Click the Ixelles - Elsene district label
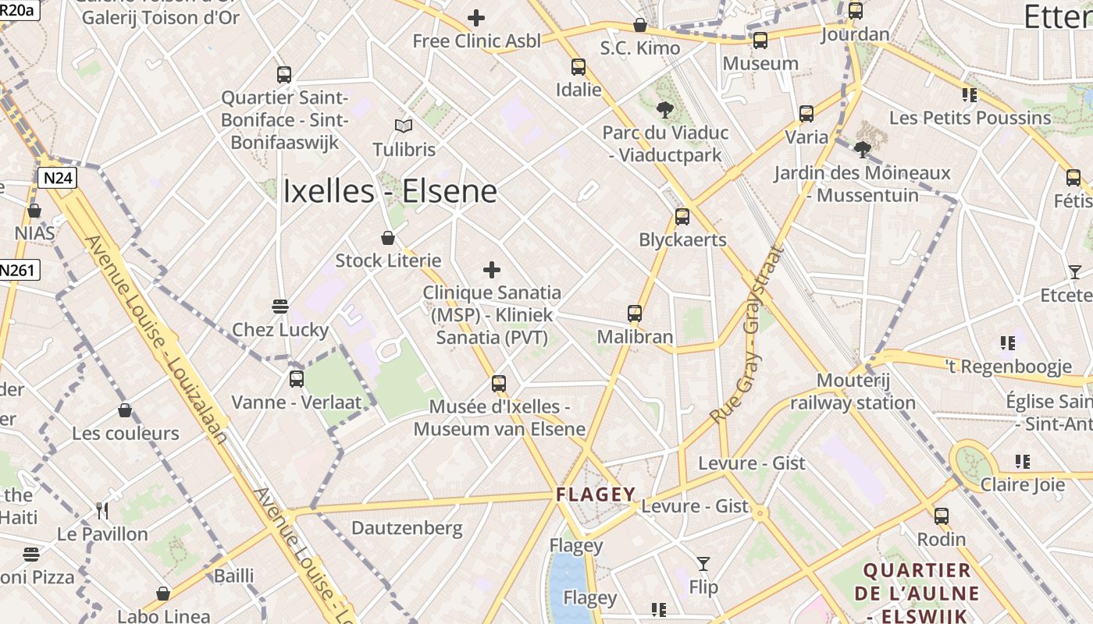tap(390, 191)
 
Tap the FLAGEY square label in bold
tap(596, 494)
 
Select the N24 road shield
tap(58, 178)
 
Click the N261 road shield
tap(17, 270)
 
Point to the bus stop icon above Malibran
tap(635, 314)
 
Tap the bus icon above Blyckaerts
tap(682, 217)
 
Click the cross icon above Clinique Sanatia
tap(492, 270)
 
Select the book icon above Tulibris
tap(404, 126)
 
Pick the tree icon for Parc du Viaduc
tap(665, 109)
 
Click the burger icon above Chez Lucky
tap(280, 306)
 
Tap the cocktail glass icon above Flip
tap(703, 563)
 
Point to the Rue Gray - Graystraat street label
tap(745, 335)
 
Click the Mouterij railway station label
tap(853, 392)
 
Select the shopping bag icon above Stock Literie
tap(388, 237)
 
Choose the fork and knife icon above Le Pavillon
tap(102, 511)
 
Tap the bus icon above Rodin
tap(942, 516)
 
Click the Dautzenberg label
tap(407, 528)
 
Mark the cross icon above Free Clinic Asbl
tap(475, 17)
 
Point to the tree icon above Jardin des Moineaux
tap(863, 149)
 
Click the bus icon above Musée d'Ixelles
tap(499, 383)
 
